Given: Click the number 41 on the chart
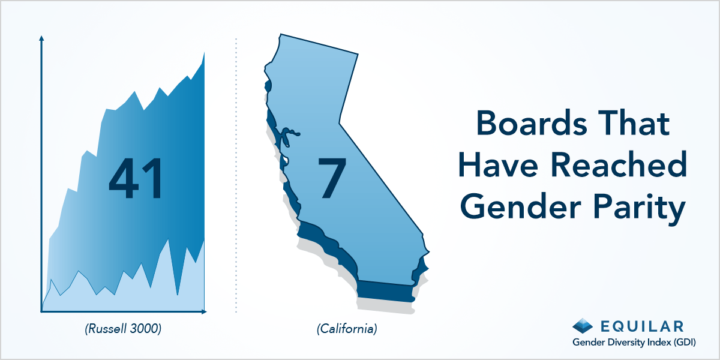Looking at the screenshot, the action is pyautogui.click(x=136, y=178).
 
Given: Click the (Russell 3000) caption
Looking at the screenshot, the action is pyautogui.click(x=123, y=329).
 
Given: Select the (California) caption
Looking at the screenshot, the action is pyautogui.click(x=347, y=329).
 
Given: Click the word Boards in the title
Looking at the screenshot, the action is pyautogui.click(x=532, y=123).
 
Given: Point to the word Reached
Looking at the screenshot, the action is pyautogui.click(x=619, y=164).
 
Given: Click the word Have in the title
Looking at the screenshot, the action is pyautogui.click(x=498, y=164).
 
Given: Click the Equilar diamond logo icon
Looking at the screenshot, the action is pyautogui.click(x=583, y=326).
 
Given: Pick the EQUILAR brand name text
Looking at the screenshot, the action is pyautogui.click(x=642, y=326).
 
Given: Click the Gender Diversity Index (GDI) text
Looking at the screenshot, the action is pyautogui.click(x=634, y=343).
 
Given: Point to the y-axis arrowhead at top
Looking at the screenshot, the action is pyautogui.click(x=41, y=38).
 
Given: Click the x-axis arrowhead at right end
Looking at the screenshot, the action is pyautogui.click(x=204, y=311).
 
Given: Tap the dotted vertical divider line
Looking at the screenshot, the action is pyautogui.click(x=236, y=175).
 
